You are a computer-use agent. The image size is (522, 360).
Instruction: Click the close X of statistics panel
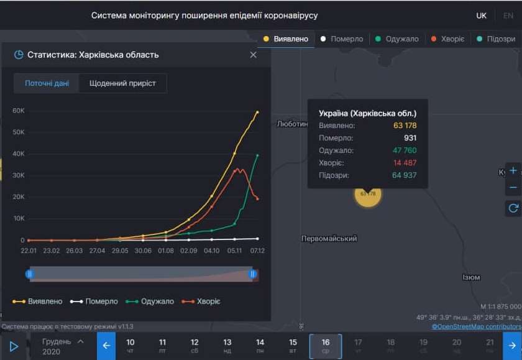[x=253, y=55]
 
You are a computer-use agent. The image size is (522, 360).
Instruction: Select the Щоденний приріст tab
[x=122, y=83]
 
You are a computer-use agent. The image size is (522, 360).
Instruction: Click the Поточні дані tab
[x=47, y=83]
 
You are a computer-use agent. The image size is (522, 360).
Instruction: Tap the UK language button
[x=482, y=16]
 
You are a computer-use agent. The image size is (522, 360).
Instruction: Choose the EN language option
[x=508, y=16]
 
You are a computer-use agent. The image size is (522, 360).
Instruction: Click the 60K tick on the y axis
[x=19, y=111]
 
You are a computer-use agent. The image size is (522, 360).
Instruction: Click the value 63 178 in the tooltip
[x=405, y=126]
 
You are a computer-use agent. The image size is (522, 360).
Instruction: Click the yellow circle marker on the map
[x=368, y=193]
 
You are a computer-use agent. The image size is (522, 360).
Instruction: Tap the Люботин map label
[x=292, y=124]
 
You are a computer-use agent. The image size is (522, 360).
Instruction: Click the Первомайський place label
[x=329, y=239]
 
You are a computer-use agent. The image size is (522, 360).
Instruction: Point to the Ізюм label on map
[x=471, y=277]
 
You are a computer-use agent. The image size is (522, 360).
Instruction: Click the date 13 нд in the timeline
[x=227, y=346]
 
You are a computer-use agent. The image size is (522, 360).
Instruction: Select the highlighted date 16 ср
[x=325, y=346]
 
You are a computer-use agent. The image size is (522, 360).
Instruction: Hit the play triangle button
[x=14, y=346]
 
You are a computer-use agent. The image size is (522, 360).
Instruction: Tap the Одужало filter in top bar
[x=397, y=39]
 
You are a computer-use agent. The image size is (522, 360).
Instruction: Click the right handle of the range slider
[x=253, y=274]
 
